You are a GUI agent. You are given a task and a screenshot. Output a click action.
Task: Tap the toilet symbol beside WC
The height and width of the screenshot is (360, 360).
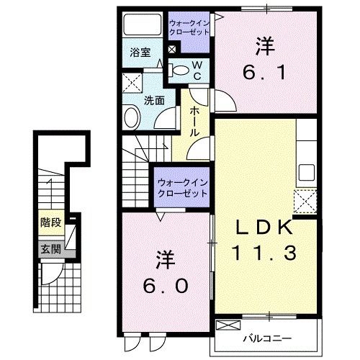pyautogui.click(x=181, y=70)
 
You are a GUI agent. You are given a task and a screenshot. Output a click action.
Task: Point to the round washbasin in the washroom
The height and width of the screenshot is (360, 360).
pyautogui.click(x=132, y=117)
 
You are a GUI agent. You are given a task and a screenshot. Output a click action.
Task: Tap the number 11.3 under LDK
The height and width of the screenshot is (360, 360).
pyautogui.click(x=262, y=253)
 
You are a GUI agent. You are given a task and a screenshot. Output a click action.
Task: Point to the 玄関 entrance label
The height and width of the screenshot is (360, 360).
pyautogui.click(x=50, y=249)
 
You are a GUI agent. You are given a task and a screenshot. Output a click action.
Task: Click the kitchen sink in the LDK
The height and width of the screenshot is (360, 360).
pyautogui.click(x=307, y=174)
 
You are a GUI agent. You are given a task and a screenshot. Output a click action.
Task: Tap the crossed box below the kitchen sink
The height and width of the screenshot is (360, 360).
pyautogui.click(x=306, y=199)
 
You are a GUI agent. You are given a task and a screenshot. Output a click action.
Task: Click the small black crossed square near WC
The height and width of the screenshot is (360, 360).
pyautogui.click(x=171, y=50)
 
